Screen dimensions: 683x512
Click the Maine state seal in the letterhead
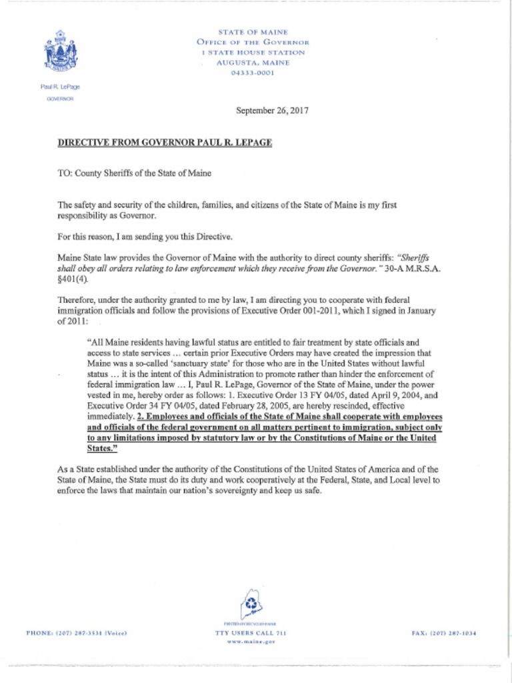(61, 51)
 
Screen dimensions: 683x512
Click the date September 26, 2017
(272, 111)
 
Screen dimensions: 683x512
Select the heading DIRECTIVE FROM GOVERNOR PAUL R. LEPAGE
(165, 143)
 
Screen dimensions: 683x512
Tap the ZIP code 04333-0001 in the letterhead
(253, 73)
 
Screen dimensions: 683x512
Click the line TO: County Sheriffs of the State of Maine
(134, 173)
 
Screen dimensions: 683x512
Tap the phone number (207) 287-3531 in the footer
(76, 632)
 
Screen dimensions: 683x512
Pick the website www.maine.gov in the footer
(251, 642)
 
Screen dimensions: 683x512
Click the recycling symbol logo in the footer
(251, 605)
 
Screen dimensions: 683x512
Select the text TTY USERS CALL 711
(251, 632)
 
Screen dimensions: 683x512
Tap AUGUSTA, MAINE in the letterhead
(253, 63)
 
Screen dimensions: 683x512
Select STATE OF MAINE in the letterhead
(253, 32)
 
